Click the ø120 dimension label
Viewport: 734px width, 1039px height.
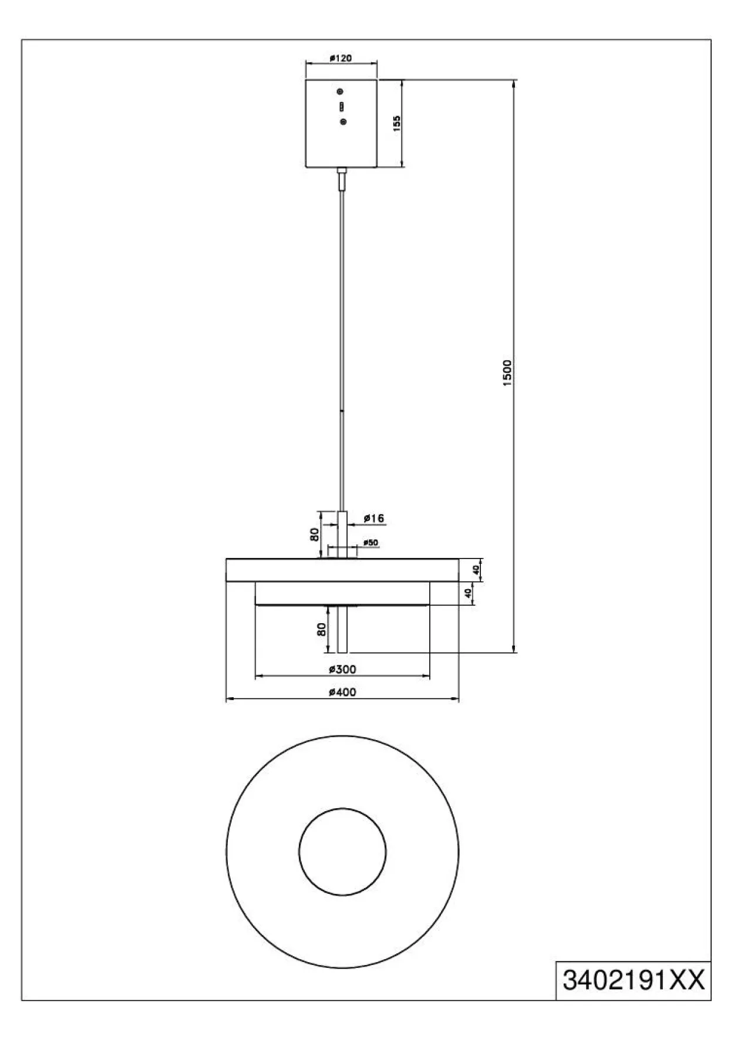point(341,58)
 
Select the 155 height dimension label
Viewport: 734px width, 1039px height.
point(397,123)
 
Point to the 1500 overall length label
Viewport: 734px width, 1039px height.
point(508,372)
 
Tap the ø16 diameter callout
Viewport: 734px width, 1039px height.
point(373,518)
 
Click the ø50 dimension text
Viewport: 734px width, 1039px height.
point(370,543)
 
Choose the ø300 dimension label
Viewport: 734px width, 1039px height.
point(342,669)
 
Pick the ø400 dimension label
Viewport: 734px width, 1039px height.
point(342,692)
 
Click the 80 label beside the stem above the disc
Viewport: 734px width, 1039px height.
point(315,534)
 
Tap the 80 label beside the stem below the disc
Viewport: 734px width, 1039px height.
point(321,629)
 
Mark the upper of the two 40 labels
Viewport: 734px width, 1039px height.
point(477,569)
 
